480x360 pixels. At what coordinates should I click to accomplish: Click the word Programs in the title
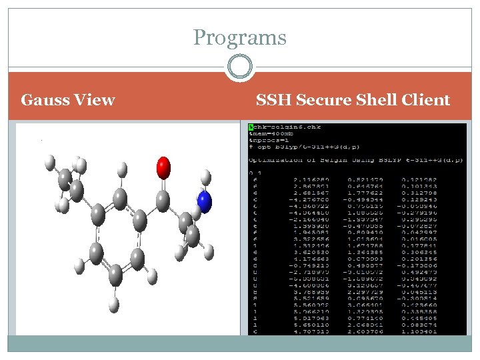pyautogui.click(x=239, y=38)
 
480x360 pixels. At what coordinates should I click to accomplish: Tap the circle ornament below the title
pyautogui.click(x=239, y=67)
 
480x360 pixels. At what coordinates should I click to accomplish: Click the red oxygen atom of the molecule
pyautogui.click(x=163, y=167)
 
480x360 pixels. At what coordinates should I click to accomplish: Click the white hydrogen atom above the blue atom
pyautogui.click(x=206, y=176)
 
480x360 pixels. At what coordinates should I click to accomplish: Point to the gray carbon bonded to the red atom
pyautogui.click(x=163, y=198)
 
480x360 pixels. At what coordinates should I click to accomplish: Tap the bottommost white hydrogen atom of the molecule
pyautogui.click(x=114, y=303)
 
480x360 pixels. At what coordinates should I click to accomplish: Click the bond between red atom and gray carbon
pyautogui.click(x=163, y=183)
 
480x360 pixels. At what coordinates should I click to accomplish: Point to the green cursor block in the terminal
pyautogui.click(x=251, y=126)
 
